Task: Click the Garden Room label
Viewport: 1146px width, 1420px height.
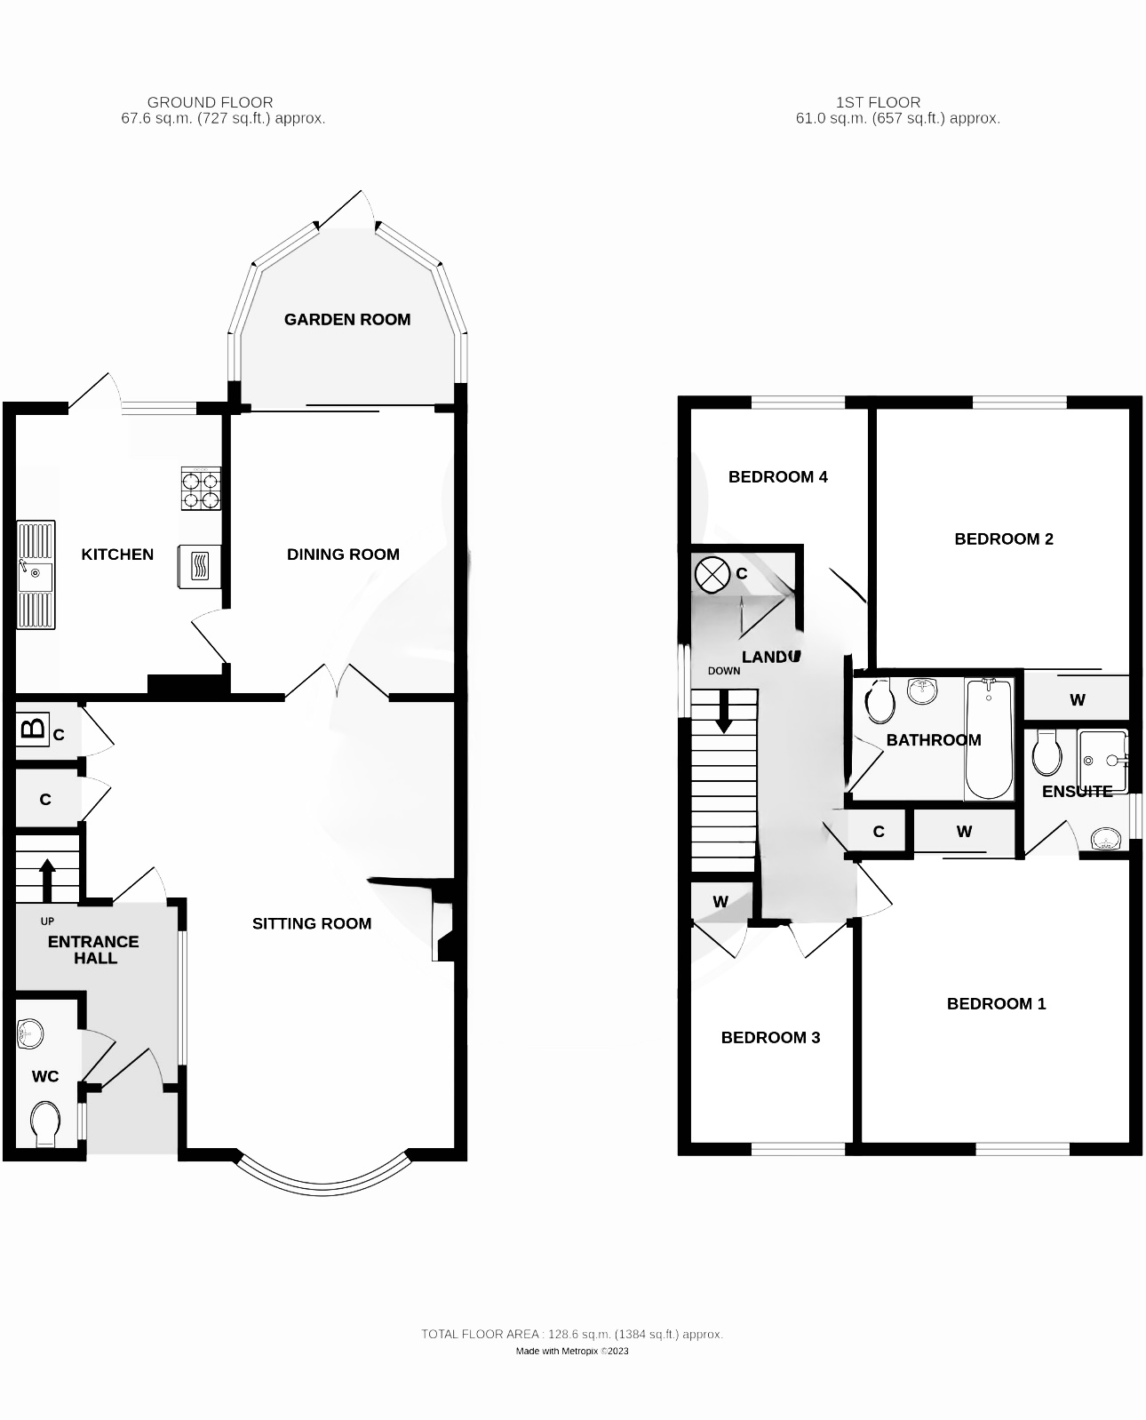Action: (x=347, y=319)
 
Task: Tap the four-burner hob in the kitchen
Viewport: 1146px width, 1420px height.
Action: (x=201, y=489)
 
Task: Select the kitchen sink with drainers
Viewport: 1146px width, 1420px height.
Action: (x=36, y=575)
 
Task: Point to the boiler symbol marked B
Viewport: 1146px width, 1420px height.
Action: (x=33, y=729)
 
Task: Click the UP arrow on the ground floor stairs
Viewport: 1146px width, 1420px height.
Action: (x=48, y=879)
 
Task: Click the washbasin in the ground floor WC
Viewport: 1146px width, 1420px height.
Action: (x=30, y=1033)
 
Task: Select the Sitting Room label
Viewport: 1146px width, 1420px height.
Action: (x=312, y=923)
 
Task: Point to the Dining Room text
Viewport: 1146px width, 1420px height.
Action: (x=343, y=554)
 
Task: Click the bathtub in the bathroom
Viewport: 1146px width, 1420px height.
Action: (x=988, y=738)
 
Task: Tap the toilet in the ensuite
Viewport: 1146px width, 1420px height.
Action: (x=1047, y=754)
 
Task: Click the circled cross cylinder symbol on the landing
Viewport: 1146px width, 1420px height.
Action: (x=711, y=574)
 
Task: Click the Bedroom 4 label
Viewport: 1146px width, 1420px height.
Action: (x=777, y=477)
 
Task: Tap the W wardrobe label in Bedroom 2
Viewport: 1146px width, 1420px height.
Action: (x=1078, y=700)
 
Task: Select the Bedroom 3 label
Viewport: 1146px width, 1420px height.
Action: (x=770, y=1037)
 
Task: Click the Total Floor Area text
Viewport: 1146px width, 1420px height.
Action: (x=572, y=1334)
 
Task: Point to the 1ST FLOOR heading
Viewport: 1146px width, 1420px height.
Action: (x=878, y=102)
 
